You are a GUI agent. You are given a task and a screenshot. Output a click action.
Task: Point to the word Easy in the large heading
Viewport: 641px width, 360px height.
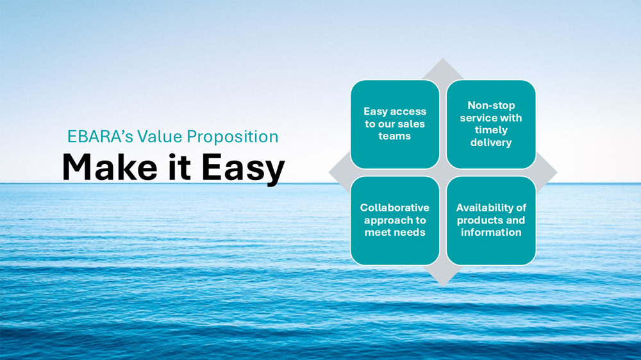click(243, 168)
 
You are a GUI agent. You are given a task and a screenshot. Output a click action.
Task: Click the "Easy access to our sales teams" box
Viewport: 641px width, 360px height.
click(395, 124)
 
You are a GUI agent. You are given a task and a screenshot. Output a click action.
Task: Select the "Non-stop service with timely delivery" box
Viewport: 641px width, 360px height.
click(491, 124)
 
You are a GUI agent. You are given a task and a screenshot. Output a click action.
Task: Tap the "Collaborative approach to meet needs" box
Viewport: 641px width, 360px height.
click(395, 220)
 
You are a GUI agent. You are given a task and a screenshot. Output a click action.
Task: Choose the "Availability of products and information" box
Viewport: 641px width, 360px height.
click(491, 220)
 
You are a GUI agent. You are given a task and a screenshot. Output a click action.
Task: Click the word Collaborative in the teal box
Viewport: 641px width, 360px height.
click(394, 208)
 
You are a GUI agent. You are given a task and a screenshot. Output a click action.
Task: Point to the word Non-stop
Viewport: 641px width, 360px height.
click(491, 106)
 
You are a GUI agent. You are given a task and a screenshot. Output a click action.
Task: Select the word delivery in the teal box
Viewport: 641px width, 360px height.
click(491, 143)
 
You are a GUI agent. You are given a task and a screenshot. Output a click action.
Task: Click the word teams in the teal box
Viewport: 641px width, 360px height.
click(394, 136)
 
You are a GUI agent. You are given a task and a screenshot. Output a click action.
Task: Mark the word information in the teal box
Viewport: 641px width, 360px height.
click(491, 233)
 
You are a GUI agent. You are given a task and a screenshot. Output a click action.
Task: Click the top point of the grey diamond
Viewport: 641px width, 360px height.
click(443, 58)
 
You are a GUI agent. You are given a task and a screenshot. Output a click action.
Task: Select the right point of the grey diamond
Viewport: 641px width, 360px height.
click(557, 172)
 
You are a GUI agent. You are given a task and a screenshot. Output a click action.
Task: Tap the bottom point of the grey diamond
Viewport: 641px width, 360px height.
click(443, 285)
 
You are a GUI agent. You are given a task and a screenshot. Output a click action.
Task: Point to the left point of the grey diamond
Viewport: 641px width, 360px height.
click(329, 172)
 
